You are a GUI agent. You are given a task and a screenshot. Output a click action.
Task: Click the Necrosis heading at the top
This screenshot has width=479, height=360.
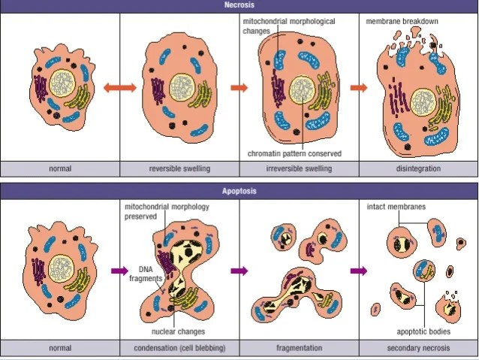pyautogui.click(x=239, y=5)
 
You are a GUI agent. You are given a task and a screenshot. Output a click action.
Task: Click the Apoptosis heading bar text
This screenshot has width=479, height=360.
pyautogui.click(x=239, y=191)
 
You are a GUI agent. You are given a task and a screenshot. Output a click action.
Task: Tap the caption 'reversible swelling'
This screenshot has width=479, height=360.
pyautogui.click(x=179, y=168)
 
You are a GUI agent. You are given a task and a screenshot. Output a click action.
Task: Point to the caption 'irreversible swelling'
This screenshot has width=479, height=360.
pyautogui.click(x=299, y=168)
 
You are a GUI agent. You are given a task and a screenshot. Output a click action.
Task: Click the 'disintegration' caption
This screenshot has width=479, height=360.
pyautogui.click(x=418, y=168)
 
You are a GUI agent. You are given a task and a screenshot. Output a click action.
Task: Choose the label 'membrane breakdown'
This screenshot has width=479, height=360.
pyautogui.click(x=402, y=21)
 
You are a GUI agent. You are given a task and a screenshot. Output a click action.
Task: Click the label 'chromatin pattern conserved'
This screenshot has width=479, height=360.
pyautogui.click(x=294, y=153)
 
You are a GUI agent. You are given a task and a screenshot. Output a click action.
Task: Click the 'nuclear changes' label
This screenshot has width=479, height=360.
pyautogui.click(x=178, y=331)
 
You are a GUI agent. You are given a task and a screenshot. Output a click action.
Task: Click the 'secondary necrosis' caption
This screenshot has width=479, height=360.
pyautogui.click(x=418, y=348)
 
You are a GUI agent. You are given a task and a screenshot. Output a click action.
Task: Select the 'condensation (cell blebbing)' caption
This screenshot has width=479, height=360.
pyautogui.click(x=179, y=348)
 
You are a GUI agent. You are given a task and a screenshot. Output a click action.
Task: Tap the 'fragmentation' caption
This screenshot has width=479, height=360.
pyautogui.click(x=299, y=348)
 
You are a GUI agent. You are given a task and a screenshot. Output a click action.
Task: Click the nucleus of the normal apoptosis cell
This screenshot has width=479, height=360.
pyautogui.click(x=58, y=267)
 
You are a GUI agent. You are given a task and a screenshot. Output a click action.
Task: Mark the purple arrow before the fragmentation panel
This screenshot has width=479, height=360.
pyautogui.click(x=239, y=271)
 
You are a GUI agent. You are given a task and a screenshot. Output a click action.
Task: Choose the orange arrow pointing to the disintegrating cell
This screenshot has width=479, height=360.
pyautogui.click(x=359, y=88)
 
